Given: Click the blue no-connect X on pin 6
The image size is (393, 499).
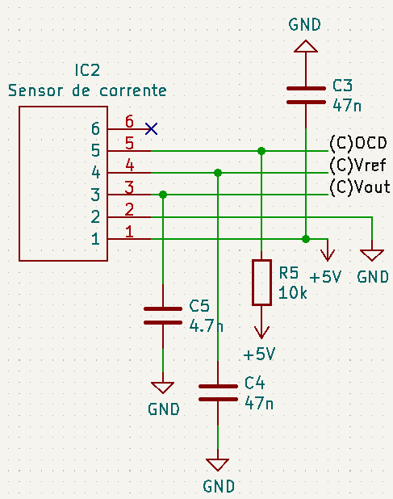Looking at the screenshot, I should (x=151, y=128).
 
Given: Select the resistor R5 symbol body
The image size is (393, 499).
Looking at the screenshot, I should (x=261, y=282).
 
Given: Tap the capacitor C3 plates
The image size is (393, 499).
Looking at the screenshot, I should (x=305, y=95).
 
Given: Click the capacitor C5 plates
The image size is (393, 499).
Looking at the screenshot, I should (x=162, y=316).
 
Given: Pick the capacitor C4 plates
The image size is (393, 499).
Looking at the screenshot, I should (x=217, y=392).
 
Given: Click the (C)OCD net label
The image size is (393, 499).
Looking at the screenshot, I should (x=358, y=144).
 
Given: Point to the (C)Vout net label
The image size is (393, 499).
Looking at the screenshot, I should (x=359, y=187).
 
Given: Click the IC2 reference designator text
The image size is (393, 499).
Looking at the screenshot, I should (x=86, y=70).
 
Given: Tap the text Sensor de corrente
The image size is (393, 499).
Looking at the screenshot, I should (x=87, y=90).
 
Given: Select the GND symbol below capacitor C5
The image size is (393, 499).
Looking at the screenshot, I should (x=162, y=388).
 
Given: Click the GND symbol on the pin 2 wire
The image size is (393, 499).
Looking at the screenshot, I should (x=371, y=254).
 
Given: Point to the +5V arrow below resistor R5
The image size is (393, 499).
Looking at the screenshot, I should (x=261, y=331).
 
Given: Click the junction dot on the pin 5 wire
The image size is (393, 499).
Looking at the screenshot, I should (x=261, y=151).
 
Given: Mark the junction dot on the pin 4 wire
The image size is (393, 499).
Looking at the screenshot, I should (x=217, y=173).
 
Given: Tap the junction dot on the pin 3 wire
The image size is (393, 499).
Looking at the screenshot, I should (x=163, y=195).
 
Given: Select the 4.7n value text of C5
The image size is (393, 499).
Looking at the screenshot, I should (x=206, y=326).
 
